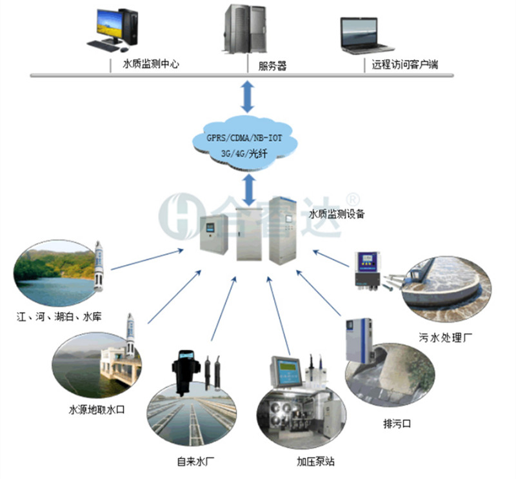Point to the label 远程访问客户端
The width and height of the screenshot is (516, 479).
pos(401,64)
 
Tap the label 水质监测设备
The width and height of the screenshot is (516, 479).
pos(337,214)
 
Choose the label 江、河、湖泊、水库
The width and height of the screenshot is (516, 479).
pos(60,317)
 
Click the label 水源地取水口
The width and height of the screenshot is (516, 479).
pos(95,409)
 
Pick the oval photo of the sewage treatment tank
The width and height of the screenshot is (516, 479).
pos(446,288)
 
